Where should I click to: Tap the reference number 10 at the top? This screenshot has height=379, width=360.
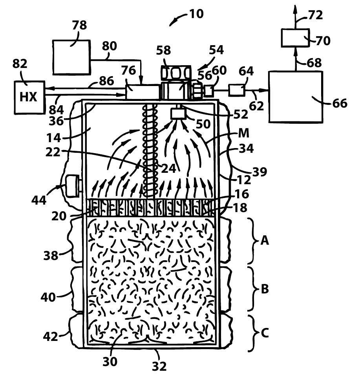(x=196, y=14)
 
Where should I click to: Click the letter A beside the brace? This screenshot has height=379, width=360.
(x=265, y=240)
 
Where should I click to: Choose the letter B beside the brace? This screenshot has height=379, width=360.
(x=265, y=289)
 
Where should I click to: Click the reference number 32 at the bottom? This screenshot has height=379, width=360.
(x=159, y=366)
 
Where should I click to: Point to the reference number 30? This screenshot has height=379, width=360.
(x=110, y=362)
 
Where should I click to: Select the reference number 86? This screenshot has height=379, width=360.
(x=106, y=81)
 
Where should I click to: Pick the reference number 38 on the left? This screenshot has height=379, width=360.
(x=51, y=255)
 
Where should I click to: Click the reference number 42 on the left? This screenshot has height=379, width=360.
(x=51, y=336)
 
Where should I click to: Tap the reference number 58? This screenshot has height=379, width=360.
(x=164, y=50)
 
